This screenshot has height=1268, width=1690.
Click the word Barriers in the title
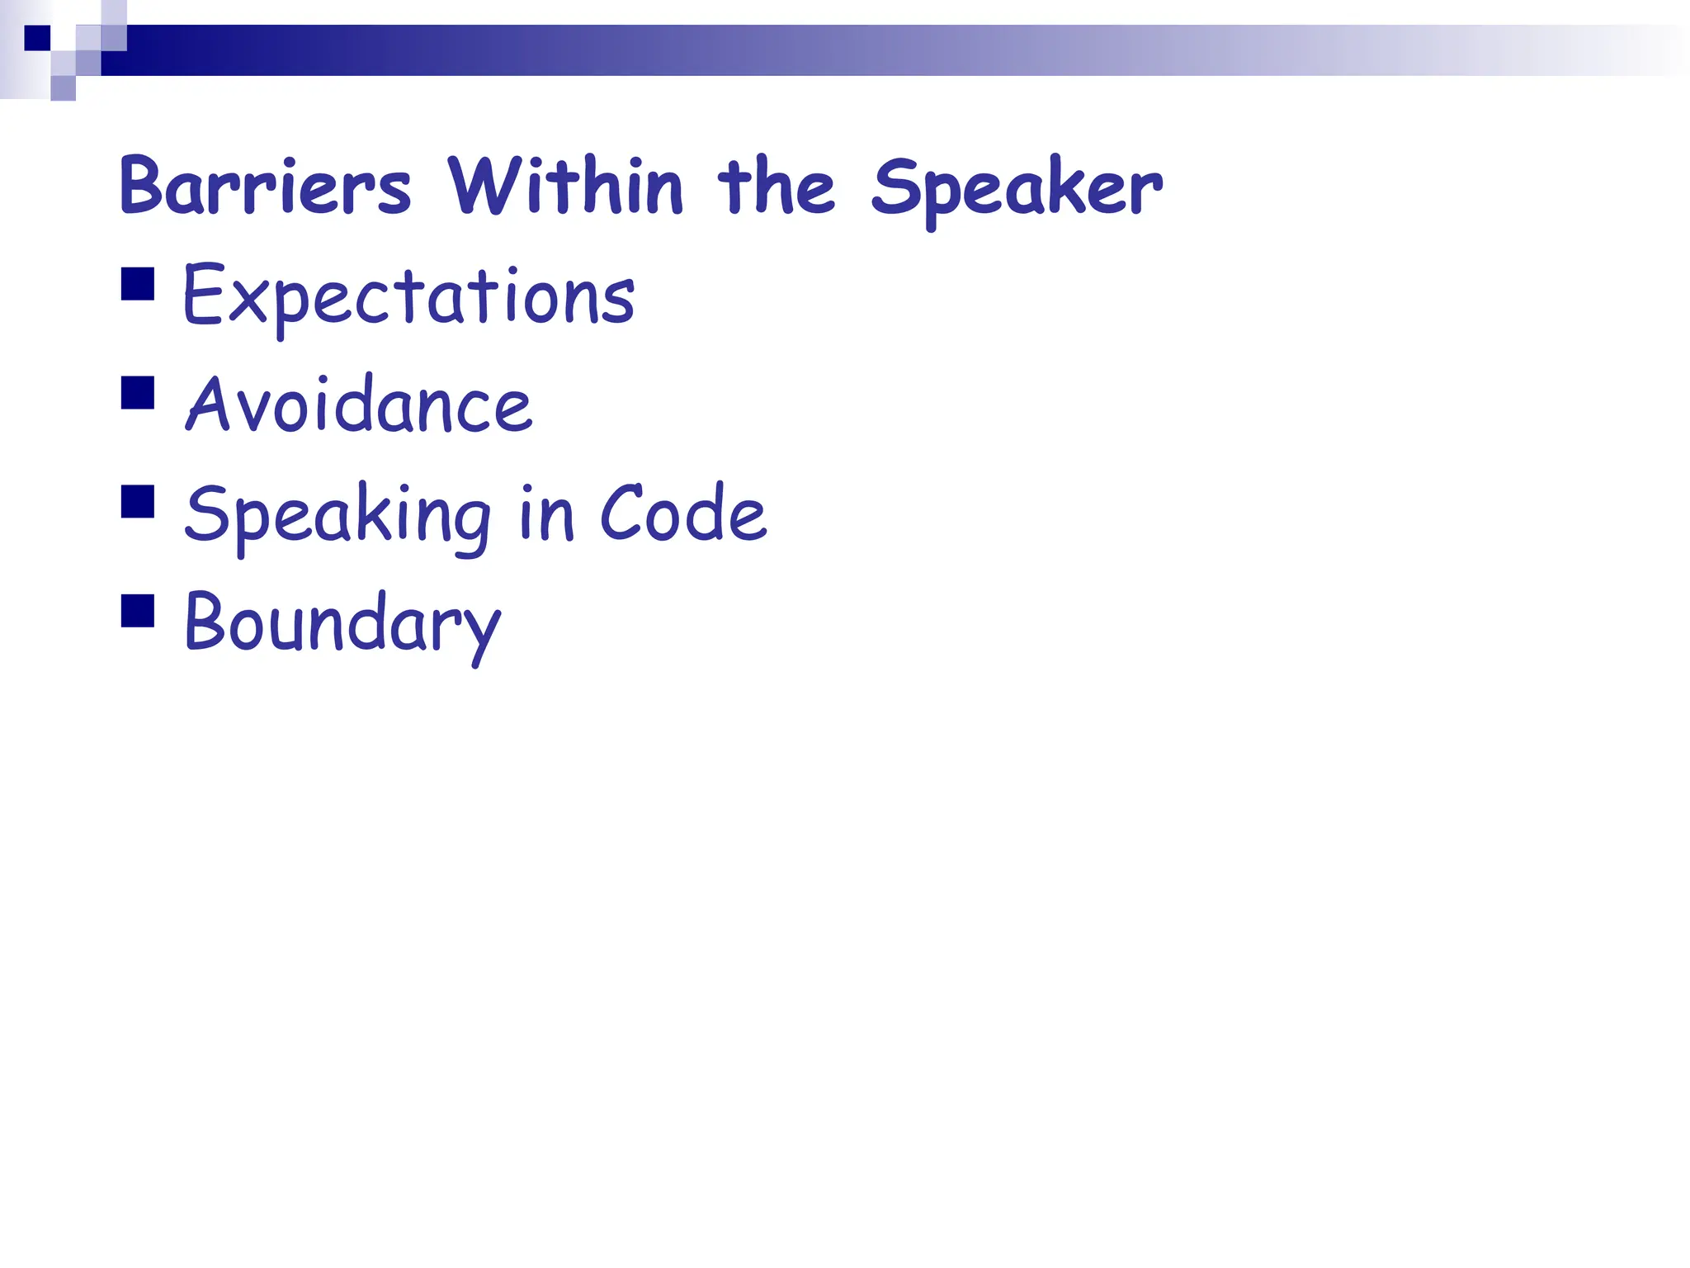265,186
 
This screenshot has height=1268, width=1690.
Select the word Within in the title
565,186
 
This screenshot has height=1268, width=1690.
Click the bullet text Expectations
408,296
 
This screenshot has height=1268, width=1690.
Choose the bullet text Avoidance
359,405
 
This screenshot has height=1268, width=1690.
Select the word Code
683,513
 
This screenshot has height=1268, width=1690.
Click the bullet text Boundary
342,623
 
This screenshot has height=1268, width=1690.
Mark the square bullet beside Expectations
138,283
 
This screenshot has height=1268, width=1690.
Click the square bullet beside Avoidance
138,393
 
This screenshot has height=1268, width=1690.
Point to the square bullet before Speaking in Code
138,501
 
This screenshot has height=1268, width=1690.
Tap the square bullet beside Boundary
138,611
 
